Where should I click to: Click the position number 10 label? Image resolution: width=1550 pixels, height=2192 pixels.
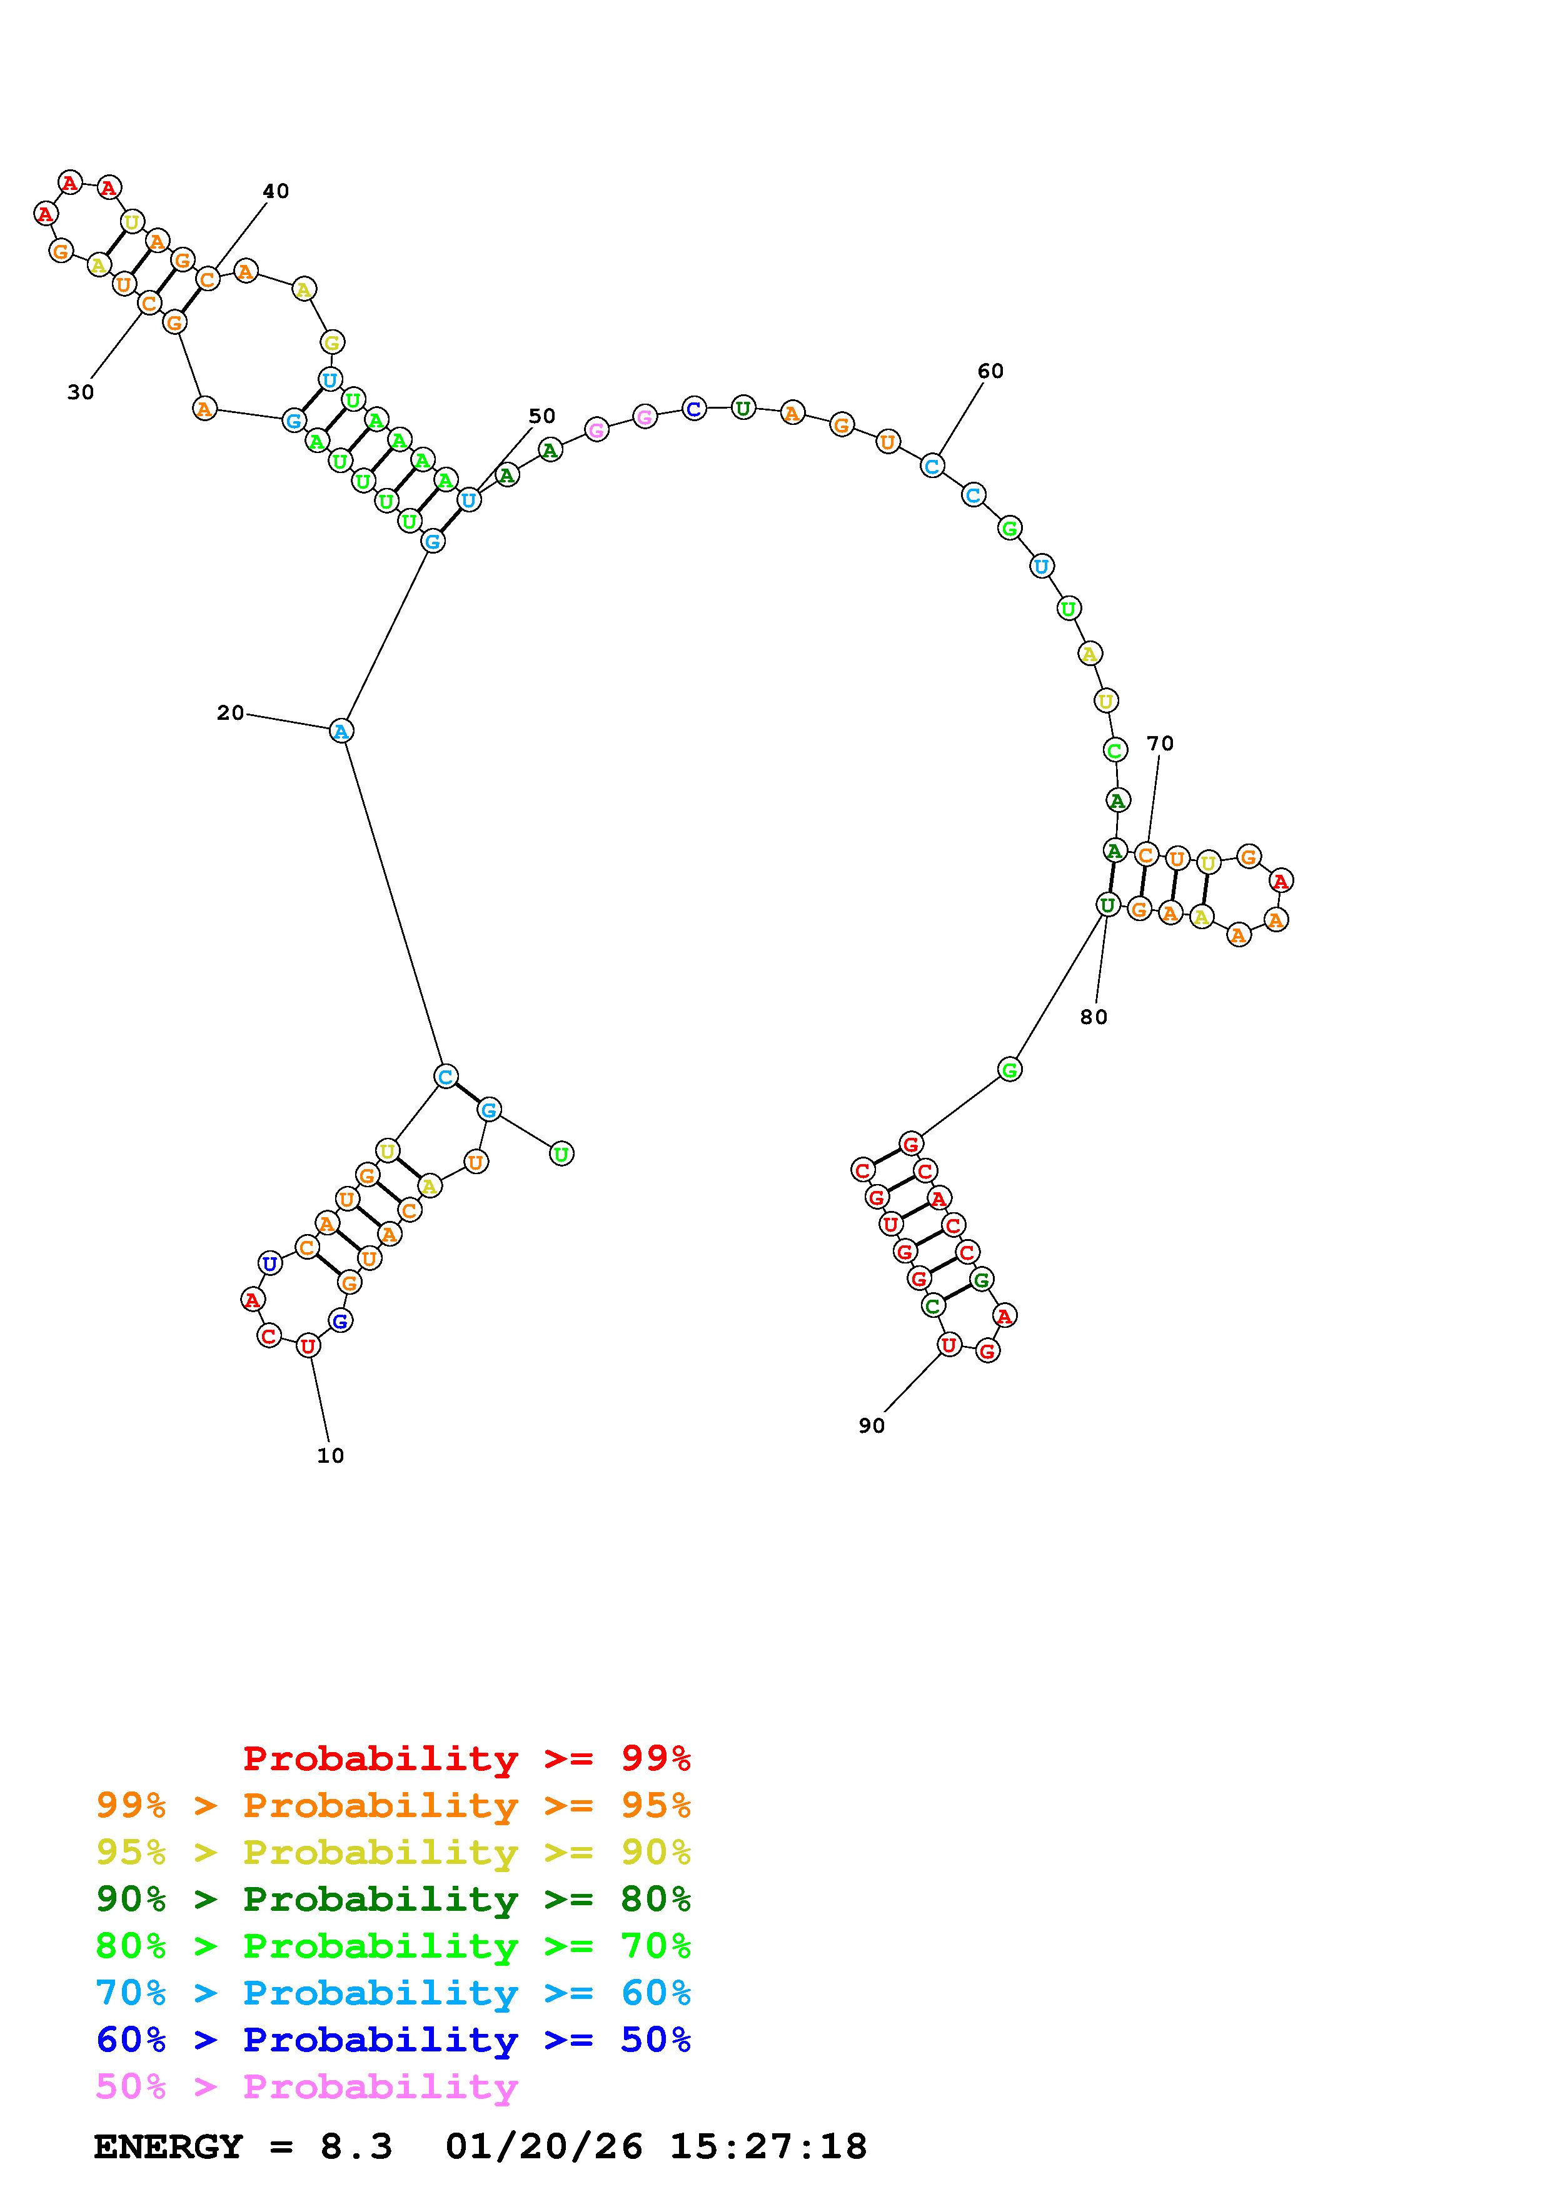pyautogui.click(x=330, y=1455)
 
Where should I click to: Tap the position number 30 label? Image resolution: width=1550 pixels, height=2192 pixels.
pyautogui.click(x=81, y=391)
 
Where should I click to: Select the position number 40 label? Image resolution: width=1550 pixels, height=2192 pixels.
pyautogui.click(x=276, y=191)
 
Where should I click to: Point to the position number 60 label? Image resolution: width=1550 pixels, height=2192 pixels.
pyautogui.click(x=990, y=371)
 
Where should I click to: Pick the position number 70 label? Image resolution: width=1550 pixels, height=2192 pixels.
pyautogui.click(x=1160, y=743)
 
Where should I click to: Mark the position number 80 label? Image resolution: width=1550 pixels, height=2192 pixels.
pyautogui.click(x=1094, y=1017)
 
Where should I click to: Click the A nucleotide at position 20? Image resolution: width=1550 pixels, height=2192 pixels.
pyautogui.click(x=341, y=730)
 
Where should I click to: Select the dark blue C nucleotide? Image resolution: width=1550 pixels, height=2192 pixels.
pyautogui.click(x=694, y=409)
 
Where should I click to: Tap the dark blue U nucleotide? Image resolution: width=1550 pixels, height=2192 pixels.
pyautogui.click(x=270, y=1263)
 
